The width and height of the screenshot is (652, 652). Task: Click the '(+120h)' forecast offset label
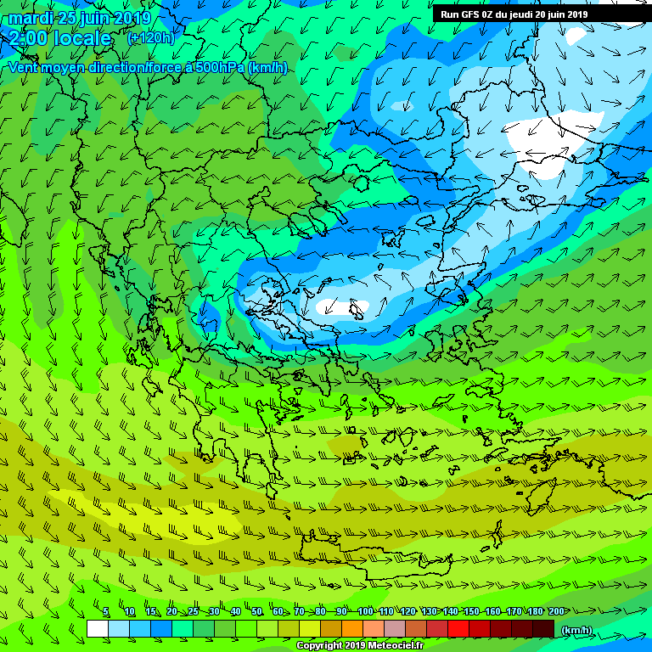(150, 38)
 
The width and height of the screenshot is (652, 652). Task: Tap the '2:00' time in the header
(28, 38)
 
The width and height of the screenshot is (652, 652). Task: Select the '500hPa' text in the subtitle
(215, 67)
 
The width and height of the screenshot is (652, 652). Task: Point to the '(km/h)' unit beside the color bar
(577, 629)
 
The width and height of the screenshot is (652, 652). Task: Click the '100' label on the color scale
(365, 612)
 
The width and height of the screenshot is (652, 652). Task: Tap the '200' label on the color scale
(555, 612)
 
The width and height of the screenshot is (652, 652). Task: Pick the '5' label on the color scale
(105, 612)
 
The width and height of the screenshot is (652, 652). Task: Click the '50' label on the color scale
(256, 612)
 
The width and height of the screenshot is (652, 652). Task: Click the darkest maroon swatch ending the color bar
(543, 628)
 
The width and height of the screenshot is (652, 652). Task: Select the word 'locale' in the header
(82, 38)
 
